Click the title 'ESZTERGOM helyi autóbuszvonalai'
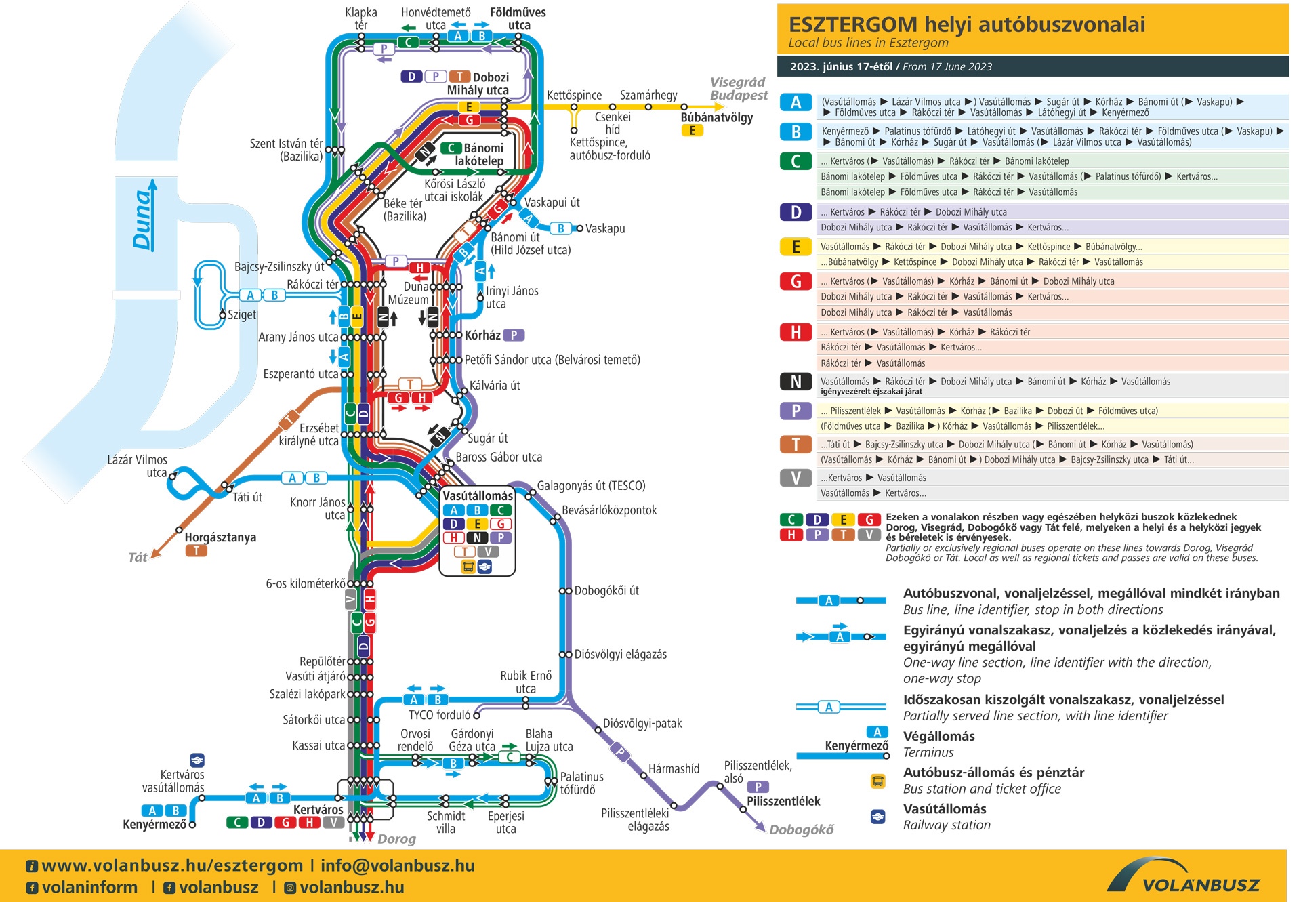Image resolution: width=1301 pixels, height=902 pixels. [x=967, y=25]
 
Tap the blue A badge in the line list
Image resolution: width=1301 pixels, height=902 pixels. [x=796, y=102]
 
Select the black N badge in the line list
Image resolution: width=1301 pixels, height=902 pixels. [x=796, y=382]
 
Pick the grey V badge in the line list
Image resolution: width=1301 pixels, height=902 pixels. [x=796, y=478]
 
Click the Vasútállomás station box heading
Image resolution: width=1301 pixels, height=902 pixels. [x=478, y=496]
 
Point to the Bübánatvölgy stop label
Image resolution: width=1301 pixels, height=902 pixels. [x=717, y=117]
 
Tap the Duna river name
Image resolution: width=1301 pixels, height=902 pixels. [x=142, y=219]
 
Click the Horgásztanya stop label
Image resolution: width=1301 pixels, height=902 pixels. [x=220, y=537]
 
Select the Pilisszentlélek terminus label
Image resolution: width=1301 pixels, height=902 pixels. [x=783, y=801]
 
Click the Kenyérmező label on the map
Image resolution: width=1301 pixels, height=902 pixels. [x=154, y=825]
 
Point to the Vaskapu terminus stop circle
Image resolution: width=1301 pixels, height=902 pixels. [x=579, y=228]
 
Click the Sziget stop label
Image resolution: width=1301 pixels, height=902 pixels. [x=242, y=314]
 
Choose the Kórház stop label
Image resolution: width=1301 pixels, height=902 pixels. [x=482, y=335]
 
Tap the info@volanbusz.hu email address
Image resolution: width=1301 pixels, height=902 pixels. [x=398, y=865]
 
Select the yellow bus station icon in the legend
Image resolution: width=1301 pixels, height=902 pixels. [x=877, y=781]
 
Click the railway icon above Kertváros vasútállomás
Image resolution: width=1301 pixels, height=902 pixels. [x=197, y=760]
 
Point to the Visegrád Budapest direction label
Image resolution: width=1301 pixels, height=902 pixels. [x=739, y=89]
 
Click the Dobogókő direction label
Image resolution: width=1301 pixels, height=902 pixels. [x=801, y=830]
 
